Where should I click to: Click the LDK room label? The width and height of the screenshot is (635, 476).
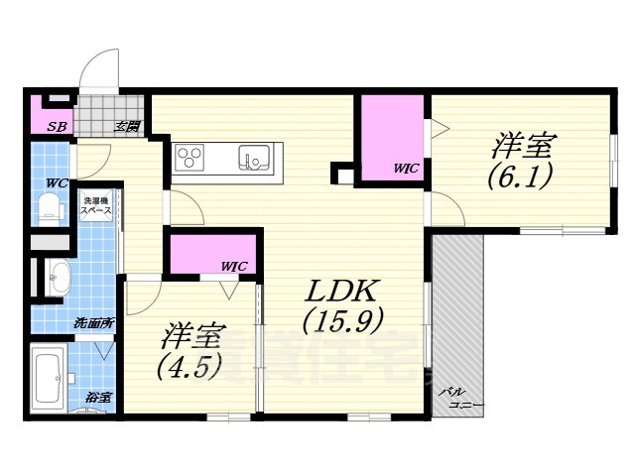340,291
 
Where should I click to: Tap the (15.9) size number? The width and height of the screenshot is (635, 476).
343,323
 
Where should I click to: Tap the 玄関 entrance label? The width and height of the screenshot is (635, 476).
126,126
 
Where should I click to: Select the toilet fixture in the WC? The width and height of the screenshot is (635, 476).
47,206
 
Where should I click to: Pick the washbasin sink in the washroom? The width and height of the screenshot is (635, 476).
59,278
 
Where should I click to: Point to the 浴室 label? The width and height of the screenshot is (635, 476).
97,398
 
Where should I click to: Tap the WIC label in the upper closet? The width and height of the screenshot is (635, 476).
407,170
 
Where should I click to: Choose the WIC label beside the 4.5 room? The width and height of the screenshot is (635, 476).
234,266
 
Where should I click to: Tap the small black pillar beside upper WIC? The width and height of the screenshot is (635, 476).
341,175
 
